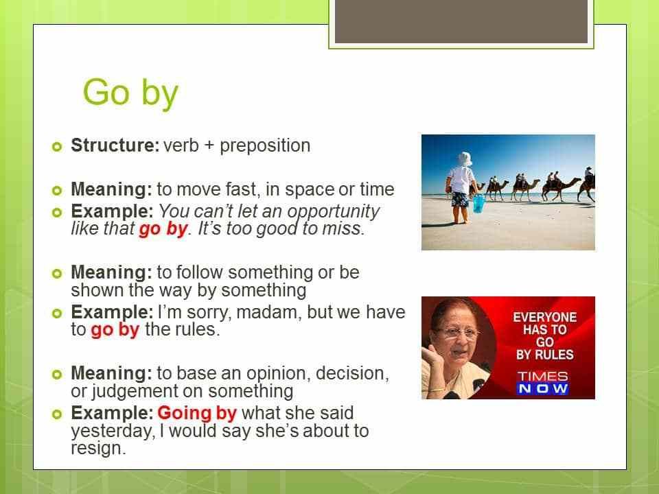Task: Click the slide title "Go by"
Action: pyautogui.click(x=130, y=93)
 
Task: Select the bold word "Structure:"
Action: pyautogui.click(x=115, y=145)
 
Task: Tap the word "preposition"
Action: pyautogui.click(x=265, y=145)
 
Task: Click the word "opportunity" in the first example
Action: pyautogui.click(x=334, y=212)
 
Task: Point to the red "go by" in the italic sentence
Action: pyautogui.click(x=163, y=229)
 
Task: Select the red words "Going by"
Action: pyautogui.click(x=197, y=414)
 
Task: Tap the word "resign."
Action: pyautogui.click(x=98, y=448)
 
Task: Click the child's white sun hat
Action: pyautogui.click(x=465, y=159)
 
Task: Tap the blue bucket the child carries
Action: pyautogui.click(x=478, y=203)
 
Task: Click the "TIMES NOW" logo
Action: pyautogui.click(x=542, y=382)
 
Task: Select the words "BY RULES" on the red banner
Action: pyautogui.click(x=544, y=355)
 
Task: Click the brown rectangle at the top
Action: pyautogui.click(x=461, y=21)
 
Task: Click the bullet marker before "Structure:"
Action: pyautogui.click(x=57, y=147)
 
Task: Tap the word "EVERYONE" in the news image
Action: pyautogui.click(x=544, y=317)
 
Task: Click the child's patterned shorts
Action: pyautogui.click(x=460, y=199)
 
